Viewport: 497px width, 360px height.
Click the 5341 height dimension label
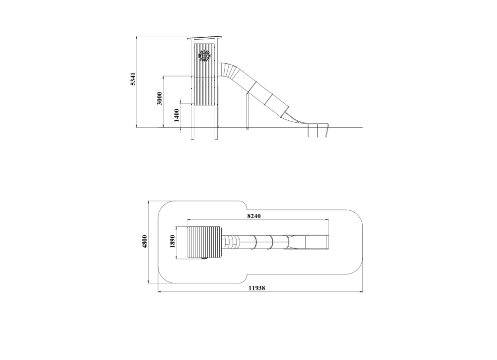pos(133,79)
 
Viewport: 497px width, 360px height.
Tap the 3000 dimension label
pos(160,98)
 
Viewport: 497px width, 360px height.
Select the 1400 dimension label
pos(176,115)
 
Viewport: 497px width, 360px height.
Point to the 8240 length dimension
pos(254,216)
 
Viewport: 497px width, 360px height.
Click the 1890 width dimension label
pos(173,242)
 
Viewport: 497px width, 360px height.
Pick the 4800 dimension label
pos(145,241)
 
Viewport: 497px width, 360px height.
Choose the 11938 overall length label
pos(257,288)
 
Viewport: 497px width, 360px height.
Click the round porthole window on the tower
pos(204,56)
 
